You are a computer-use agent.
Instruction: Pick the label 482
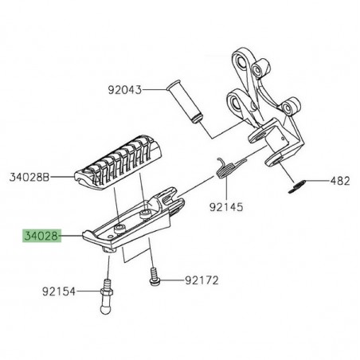coord(341,182)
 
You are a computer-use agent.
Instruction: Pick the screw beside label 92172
coord(152,279)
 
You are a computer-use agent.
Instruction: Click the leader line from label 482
coord(317,182)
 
